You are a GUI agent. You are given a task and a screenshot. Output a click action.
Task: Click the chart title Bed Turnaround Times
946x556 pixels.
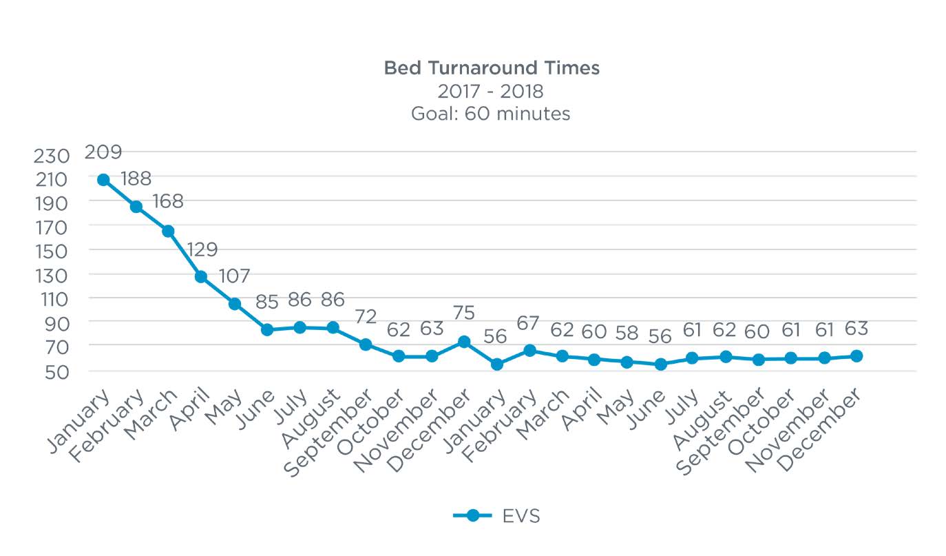click(491, 68)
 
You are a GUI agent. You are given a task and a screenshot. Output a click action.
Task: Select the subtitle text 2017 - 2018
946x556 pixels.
click(491, 91)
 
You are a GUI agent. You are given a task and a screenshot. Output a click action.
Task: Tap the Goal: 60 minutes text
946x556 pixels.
click(491, 114)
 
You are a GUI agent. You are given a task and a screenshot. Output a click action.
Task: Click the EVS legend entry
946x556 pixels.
click(496, 515)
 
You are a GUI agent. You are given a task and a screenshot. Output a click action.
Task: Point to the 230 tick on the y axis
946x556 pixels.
click(52, 156)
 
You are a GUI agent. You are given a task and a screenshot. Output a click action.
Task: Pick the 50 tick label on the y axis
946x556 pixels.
click(52, 373)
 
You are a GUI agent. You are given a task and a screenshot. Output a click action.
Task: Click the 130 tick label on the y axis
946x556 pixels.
click(52, 276)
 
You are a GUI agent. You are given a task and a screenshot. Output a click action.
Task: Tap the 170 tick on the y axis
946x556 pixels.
click(52, 228)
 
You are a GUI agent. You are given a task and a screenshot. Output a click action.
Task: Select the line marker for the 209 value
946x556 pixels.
click(103, 180)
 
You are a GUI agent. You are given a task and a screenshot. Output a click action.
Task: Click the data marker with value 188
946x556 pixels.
click(136, 207)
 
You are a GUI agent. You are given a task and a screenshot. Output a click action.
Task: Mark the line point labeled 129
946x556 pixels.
click(201, 277)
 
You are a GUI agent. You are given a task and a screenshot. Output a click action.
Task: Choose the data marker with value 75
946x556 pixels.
click(464, 342)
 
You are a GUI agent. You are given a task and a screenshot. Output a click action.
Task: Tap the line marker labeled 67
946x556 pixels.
click(529, 351)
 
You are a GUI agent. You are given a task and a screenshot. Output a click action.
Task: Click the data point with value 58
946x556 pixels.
click(627, 362)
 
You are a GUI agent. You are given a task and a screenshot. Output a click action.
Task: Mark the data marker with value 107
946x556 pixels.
click(235, 304)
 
